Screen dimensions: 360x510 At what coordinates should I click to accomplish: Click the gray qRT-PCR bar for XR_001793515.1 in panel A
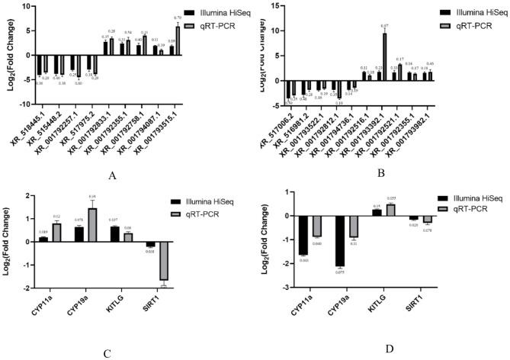pos(178,40)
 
